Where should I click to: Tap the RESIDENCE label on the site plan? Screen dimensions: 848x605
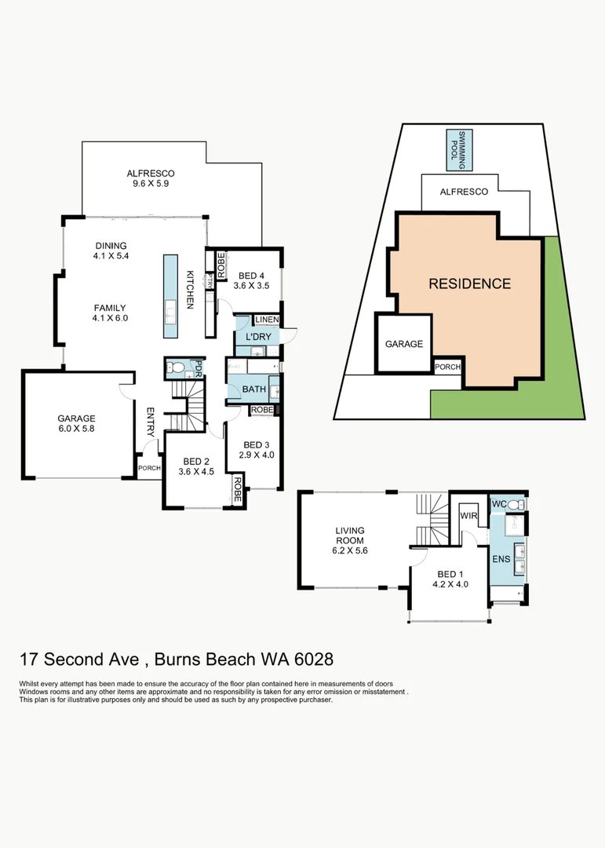pyautogui.click(x=469, y=284)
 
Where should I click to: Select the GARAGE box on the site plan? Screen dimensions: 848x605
pyautogui.click(x=404, y=343)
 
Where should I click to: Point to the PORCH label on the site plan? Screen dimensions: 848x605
pyautogui.click(x=447, y=367)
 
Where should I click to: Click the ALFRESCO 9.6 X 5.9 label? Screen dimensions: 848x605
pyautogui.click(x=150, y=178)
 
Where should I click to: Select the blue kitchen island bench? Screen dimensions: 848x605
pyautogui.click(x=170, y=295)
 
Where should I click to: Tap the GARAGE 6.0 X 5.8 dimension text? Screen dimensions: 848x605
pyautogui.click(x=76, y=424)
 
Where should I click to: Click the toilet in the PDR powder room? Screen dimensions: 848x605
pyautogui.click(x=177, y=366)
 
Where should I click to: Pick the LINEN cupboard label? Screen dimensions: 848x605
pyautogui.click(x=267, y=320)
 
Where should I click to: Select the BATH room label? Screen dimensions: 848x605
pyautogui.click(x=253, y=389)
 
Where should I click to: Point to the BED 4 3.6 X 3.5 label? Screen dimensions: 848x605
pyautogui.click(x=251, y=280)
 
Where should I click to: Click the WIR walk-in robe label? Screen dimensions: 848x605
pyautogui.click(x=469, y=516)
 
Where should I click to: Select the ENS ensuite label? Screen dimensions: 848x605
pyautogui.click(x=500, y=559)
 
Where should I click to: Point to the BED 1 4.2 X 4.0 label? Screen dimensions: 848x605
pyautogui.click(x=450, y=579)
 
